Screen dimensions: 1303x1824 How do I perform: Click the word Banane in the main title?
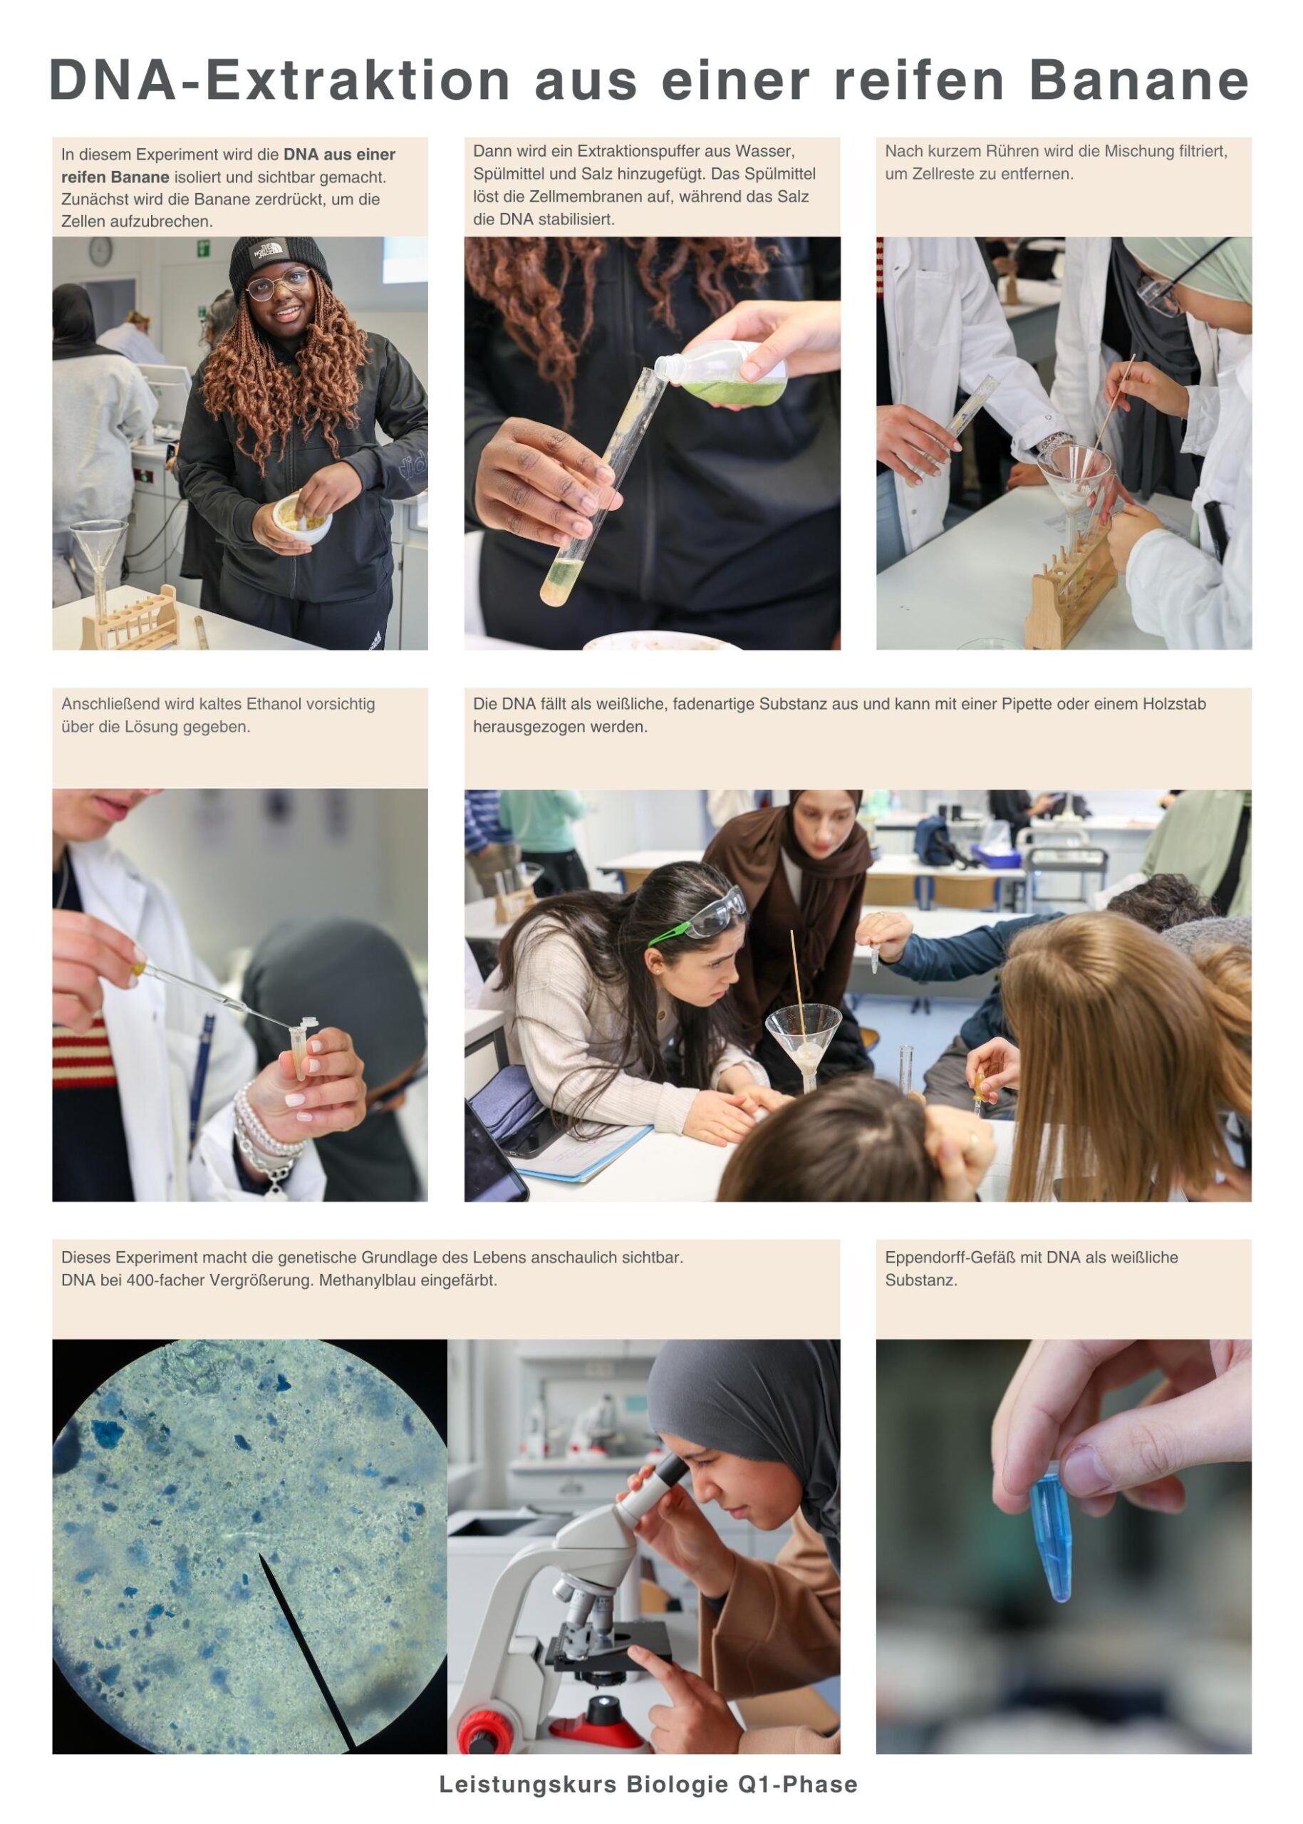pos(1138,81)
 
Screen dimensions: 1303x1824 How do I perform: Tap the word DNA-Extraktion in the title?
pos(280,81)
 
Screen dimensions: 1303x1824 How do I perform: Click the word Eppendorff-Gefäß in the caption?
pos(943,1258)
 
